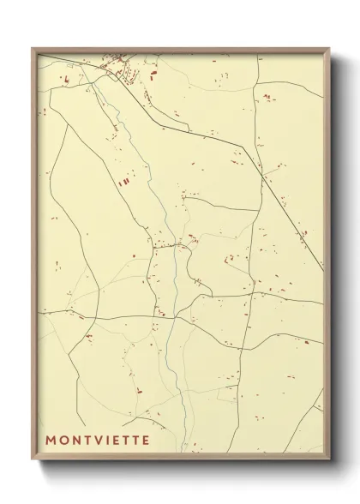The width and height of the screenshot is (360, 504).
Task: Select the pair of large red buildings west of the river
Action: [x=124, y=181]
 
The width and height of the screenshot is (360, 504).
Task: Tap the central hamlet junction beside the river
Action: [x=176, y=247]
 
